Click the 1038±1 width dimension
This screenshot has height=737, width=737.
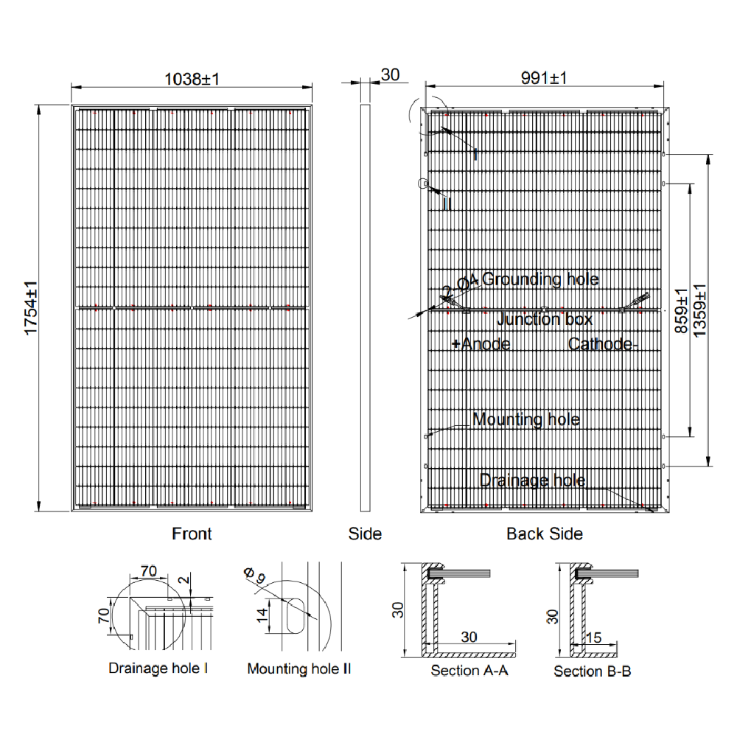(x=192, y=78)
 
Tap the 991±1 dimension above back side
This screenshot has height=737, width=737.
(x=545, y=78)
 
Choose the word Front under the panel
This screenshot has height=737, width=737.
(x=192, y=534)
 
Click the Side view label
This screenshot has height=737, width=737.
(x=365, y=534)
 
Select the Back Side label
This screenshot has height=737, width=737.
(x=545, y=534)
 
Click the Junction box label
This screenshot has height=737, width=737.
(x=545, y=319)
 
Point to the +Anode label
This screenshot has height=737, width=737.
(x=481, y=344)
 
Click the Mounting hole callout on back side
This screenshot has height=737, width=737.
(x=526, y=420)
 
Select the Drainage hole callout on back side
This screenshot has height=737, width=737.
(x=532, y=481)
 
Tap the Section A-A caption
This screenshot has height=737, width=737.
(x=469, y=671)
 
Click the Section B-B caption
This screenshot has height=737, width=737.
(x=593, y=671)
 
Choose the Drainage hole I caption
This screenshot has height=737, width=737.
(x=158, y=668)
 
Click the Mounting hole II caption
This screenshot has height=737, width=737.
(x=298, y=669)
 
